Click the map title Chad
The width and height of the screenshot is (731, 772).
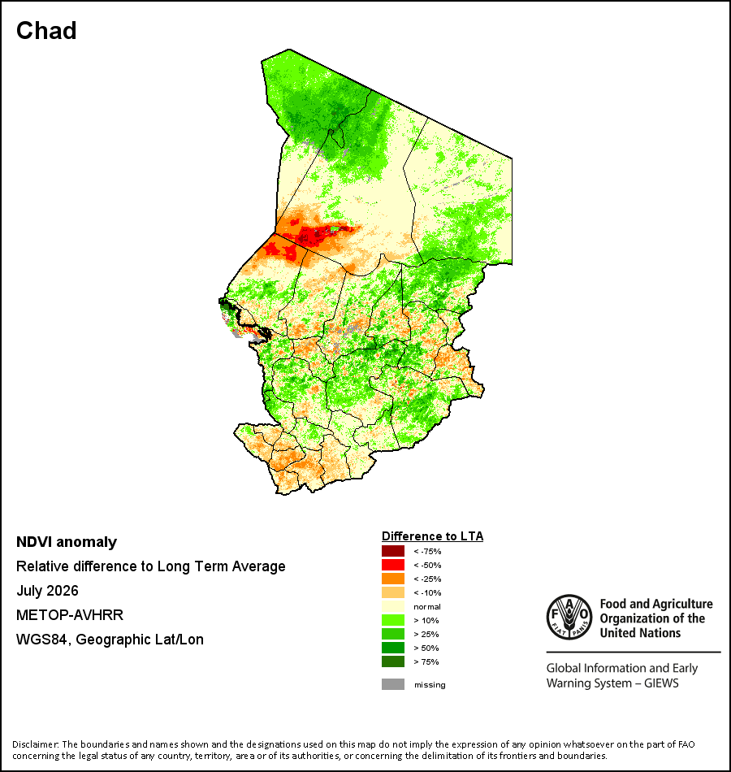point(46,31)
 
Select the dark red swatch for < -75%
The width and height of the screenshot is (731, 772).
point(393,551)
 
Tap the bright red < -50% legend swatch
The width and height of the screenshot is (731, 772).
point(393,565)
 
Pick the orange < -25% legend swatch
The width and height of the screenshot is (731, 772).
point(393,579)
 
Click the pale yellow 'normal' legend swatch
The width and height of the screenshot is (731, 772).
point(393,606)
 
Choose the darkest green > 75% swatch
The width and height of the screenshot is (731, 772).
point(393,661)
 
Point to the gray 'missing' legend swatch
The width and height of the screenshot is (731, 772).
point(393,684)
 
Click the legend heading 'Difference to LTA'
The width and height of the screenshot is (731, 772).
point(432,536)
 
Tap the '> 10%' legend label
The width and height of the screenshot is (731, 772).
point(426,620)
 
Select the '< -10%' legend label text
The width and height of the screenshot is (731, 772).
point(427,592)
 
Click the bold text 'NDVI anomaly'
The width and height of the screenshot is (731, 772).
point(67,542)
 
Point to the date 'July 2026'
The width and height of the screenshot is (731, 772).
point(47,590)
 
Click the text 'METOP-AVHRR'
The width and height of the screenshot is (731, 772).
point(70,615)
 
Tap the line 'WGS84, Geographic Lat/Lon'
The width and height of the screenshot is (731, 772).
point(110,640)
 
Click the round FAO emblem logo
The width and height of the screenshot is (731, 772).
point(569,617)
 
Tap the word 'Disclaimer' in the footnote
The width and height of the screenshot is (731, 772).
point(36,744)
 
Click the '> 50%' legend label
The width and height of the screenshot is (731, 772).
point(426,648)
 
